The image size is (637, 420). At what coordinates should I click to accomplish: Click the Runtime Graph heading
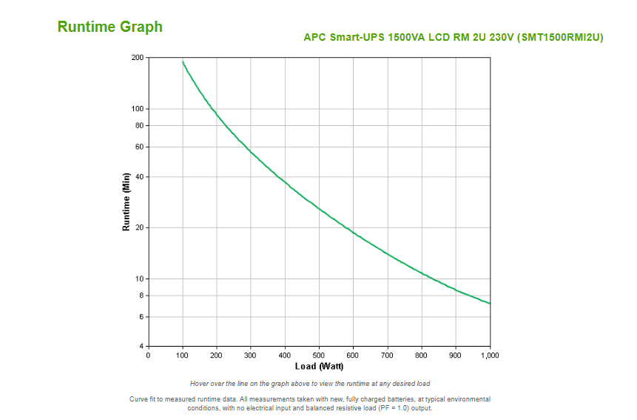coord(110,27)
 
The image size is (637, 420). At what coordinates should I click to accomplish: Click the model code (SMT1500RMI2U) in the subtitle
coord(560,37)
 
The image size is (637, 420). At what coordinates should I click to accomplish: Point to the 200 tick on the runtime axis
coord(138,58)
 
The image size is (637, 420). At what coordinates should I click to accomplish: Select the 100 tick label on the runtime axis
coord(138,109)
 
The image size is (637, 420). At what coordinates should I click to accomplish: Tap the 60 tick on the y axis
coord(140,147)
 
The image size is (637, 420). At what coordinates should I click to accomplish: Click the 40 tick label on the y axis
coord(140,177)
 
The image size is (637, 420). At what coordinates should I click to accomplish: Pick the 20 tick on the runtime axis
coord(140,228)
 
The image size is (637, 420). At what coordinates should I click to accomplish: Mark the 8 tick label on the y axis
coord(141,296)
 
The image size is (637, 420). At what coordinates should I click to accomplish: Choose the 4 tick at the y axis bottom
coord(141,347)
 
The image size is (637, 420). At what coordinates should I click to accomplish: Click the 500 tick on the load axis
coord(319,356)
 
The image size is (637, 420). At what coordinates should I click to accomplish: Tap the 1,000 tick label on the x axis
coord(490,356)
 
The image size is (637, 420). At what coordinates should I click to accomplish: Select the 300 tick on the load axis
coord(251,356)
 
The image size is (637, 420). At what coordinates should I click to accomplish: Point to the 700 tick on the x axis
coord(388,356)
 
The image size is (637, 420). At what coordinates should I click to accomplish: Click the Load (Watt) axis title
coord(320,366)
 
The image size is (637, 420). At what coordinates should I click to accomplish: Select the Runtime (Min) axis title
coord(127,202)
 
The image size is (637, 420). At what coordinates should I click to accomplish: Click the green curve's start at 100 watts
coord(183,61)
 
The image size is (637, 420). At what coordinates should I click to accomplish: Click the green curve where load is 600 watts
coord(354,233)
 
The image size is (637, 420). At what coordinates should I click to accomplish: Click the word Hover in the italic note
coord(200,384)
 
